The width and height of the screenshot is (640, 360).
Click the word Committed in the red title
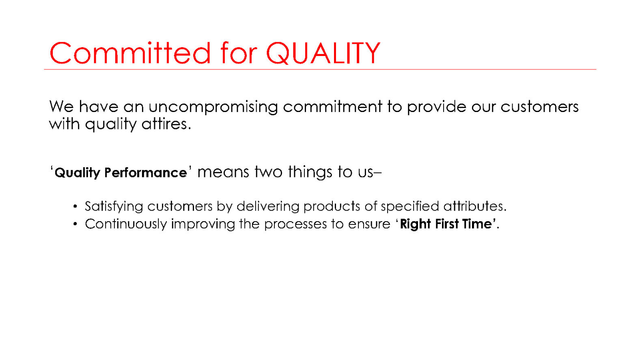tap(130, 53)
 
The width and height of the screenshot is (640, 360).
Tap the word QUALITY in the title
tap(323, 54)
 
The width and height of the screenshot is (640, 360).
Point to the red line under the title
tap(320, 69)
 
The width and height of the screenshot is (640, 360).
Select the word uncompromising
tap(213, 107)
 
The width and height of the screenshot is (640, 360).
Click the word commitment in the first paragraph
tap(332, 107)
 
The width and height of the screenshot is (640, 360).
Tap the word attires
tap(166, 124)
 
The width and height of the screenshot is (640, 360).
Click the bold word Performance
tap(145, 172)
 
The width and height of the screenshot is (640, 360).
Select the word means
tap(223, 172)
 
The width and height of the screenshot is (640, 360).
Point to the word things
tap(310, 172)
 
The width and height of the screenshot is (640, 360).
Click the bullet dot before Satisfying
tap(75, 207)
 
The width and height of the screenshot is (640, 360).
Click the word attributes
tap(475, 206)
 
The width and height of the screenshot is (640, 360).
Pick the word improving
tap(203, 224)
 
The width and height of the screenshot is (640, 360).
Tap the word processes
tap(295, 224)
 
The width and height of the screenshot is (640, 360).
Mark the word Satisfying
tap(114, 207)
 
